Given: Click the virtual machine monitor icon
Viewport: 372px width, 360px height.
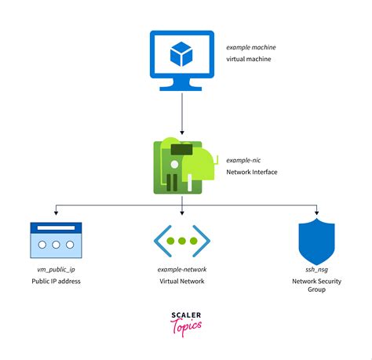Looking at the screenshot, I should coord(181,60).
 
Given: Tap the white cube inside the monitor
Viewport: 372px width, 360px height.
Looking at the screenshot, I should coord(181,54).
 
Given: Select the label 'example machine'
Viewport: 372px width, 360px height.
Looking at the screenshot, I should coord(250,48).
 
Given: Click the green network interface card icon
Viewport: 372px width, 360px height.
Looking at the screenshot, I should coord(182,166).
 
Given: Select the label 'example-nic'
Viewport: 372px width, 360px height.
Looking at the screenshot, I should coord(243,158).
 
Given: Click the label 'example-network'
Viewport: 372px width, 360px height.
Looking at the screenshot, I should coord(181,269).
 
